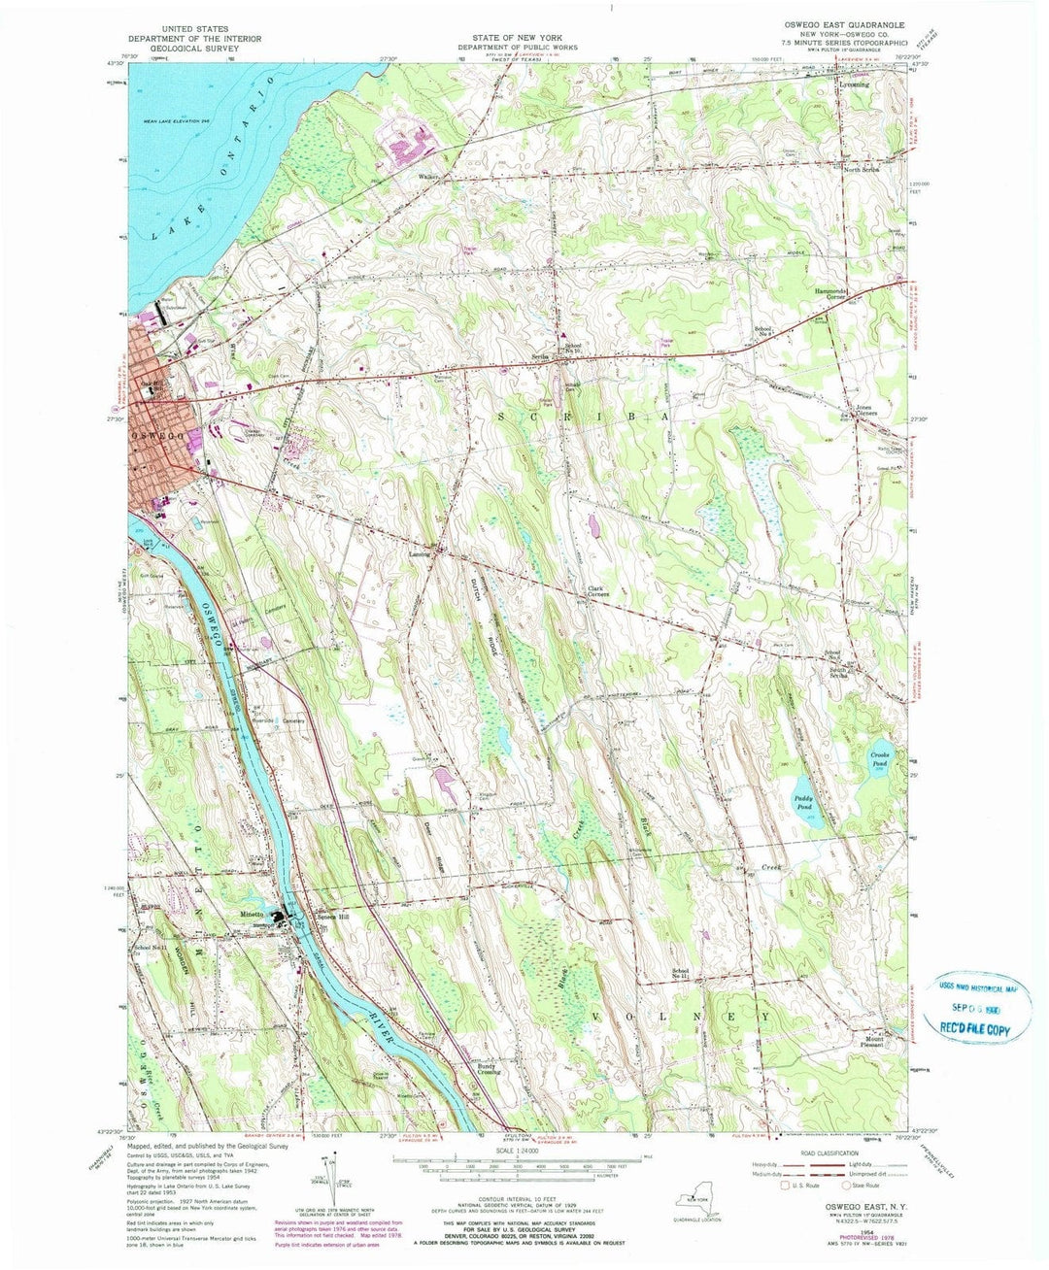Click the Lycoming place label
coord(853,84)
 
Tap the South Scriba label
coord(839,672)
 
